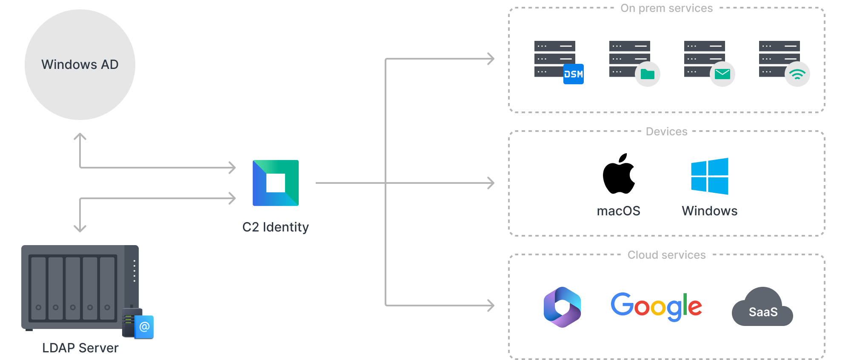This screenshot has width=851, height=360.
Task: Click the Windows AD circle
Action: pyautogui.click(x=80, y=65)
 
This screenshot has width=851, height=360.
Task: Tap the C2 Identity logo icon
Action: pyautogui.click(x=276, y=183)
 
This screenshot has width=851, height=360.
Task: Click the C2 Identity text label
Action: pyautogui.click(x=276, y=227)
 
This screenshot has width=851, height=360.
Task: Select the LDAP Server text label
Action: pyautogui.click(x=80, y=348)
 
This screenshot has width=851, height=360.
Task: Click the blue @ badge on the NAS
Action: pyautogui.click(x=144, y=327)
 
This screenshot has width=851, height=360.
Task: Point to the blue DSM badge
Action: pyautogui.click(x=573, y=74)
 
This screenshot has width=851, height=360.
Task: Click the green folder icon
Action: pyautogui.click(x=647, y=74)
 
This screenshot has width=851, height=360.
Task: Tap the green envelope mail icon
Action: pyautogui.click(x=722, y=74)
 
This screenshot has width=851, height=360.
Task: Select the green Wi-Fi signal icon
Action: pyautogui.click(x=797, y=74)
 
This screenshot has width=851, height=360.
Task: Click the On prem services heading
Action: pyautogui.click(x=666, y=8)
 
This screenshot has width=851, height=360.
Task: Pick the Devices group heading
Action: pyautogui.click(x=666, y=131)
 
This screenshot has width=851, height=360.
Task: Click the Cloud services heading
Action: pyautogui.click(x=666, y=255)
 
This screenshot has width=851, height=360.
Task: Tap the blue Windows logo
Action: pyautogui.click(x=709, y=176)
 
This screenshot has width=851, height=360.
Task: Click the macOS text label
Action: pyautogui.click(x=618, y=211)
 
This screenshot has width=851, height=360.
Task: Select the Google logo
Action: pyautogui.click(x=656, y=306)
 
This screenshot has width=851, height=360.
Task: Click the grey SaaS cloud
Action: pyautogui.click(x=762, y=308)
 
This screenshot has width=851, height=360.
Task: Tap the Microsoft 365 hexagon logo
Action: pyautogui.click(x=562, y=307)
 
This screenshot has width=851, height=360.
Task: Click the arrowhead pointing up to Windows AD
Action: pyautogui.click(x=80, y=136)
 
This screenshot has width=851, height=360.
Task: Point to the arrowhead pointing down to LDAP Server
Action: pyautogui.click(x=80, y=229)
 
